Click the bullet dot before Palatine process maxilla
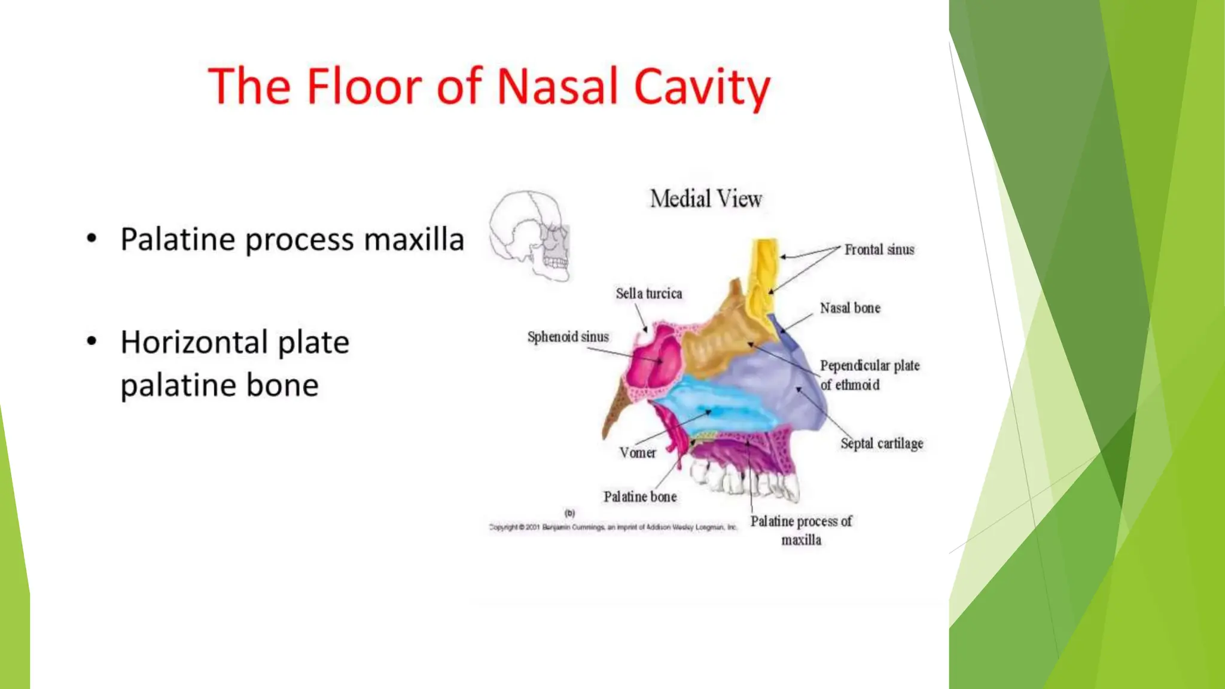click(92, 239)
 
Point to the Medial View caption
click(706, 199)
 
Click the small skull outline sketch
click(530, 235)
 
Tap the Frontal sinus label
click(879, 249)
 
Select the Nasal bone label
click(849, 308)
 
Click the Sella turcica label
click(648, 294)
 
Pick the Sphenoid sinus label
click(568, 337)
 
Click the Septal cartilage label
click(881, 443)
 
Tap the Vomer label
click(638, 453)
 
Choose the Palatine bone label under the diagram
click(639, 496)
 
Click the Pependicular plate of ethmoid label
click(869, 375)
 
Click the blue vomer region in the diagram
click(712, 407)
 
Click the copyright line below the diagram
click(612, 528)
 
